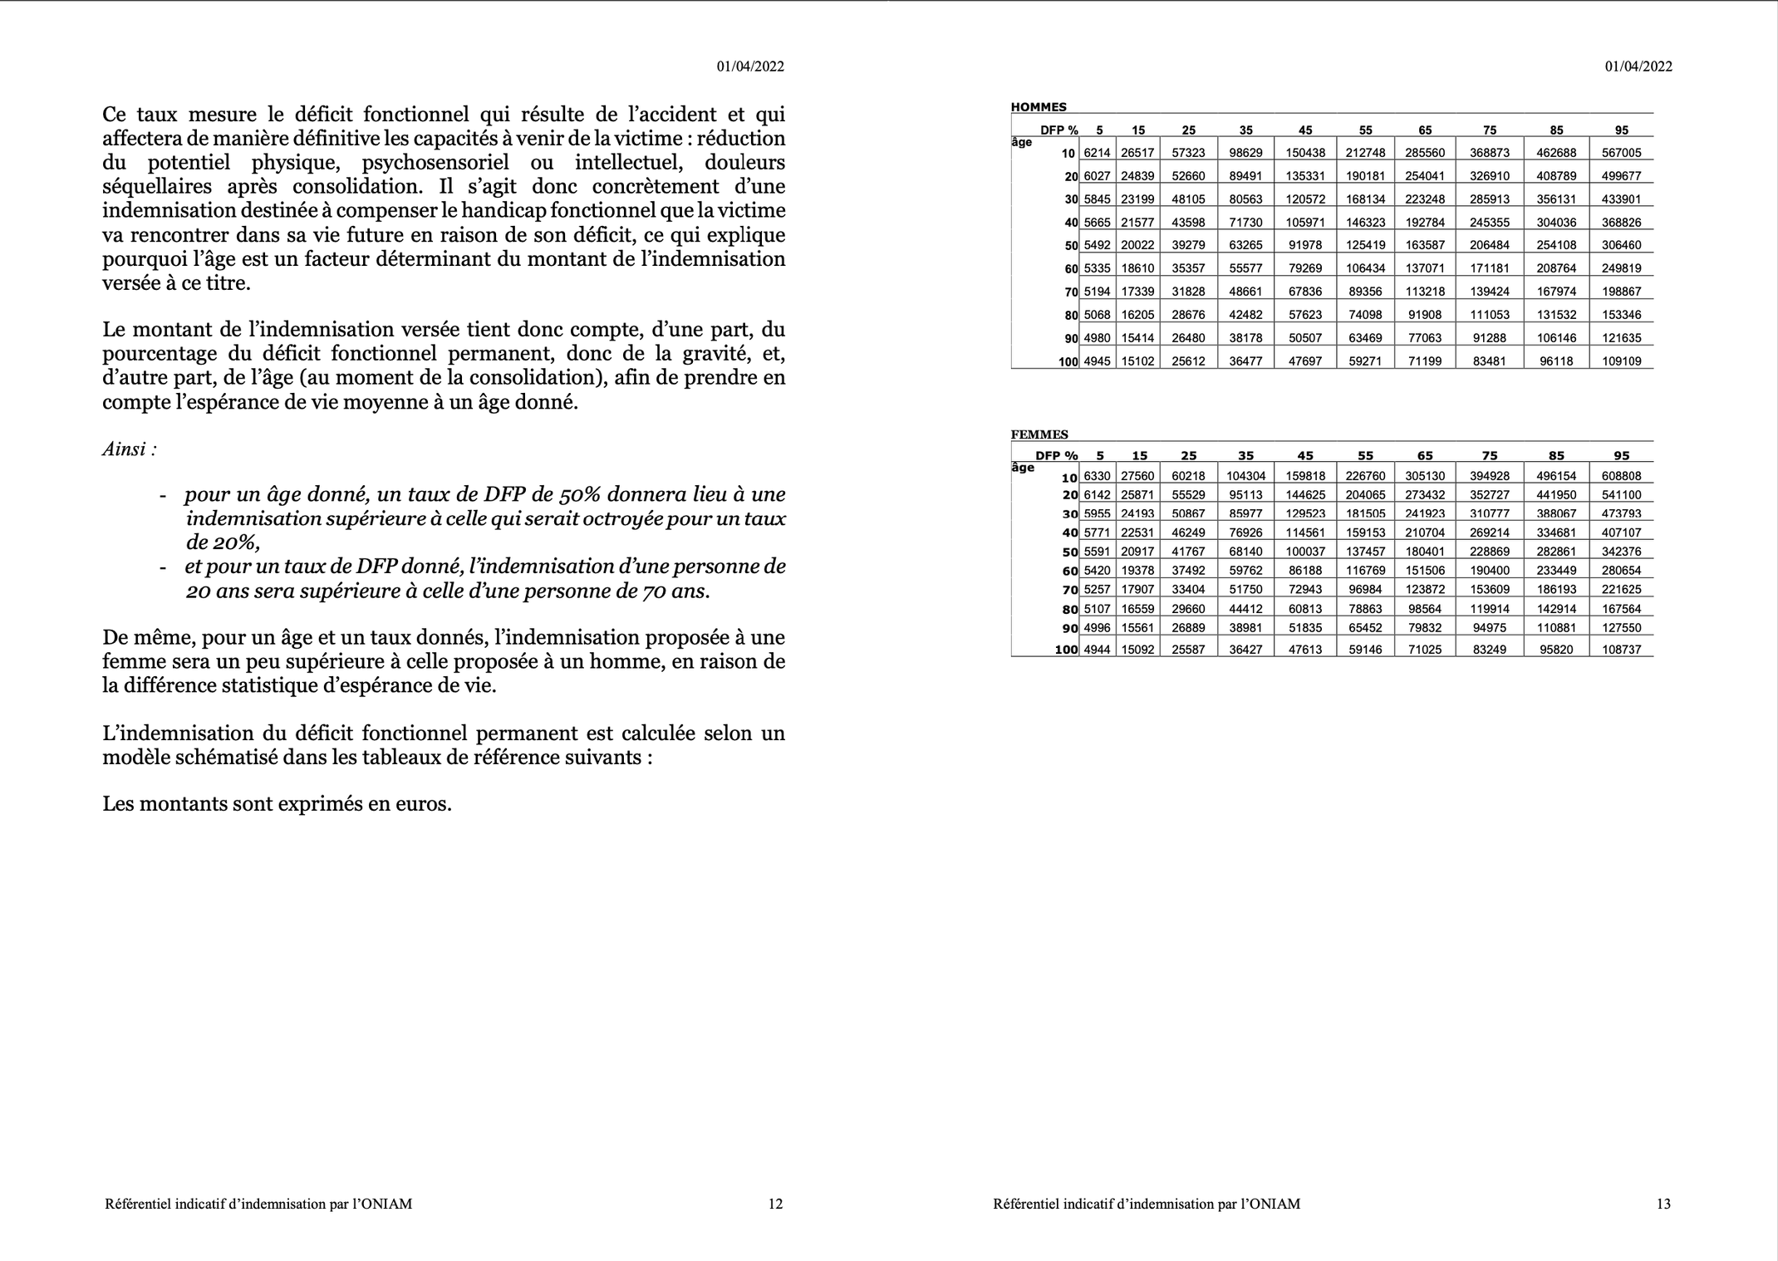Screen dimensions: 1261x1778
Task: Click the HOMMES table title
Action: (1038, 107)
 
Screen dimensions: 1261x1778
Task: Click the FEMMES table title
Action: (1039, 434)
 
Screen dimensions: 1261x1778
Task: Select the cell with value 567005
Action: (1621, 153)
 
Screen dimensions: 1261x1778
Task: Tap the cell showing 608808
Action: (1621, 476)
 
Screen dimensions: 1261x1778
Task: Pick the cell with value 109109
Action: (1621, 361)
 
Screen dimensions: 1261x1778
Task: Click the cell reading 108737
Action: (1621, 650)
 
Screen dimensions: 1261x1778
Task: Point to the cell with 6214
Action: (1097, 153)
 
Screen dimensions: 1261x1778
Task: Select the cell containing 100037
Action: (1304, 552)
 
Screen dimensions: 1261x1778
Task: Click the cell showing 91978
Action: (1304, 245)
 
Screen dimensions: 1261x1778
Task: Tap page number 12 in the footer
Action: (774, 1204)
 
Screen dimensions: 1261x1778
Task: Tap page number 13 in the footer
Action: (1663, 1204)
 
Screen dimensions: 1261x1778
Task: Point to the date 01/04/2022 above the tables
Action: (1638, 66)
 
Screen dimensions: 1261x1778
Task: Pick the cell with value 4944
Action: (1097, 650)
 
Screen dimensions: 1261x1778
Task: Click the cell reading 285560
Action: (1425, 153)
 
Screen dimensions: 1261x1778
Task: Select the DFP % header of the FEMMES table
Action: (1056, 455)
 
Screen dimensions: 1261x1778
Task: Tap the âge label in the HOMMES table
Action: (1022, 142)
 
